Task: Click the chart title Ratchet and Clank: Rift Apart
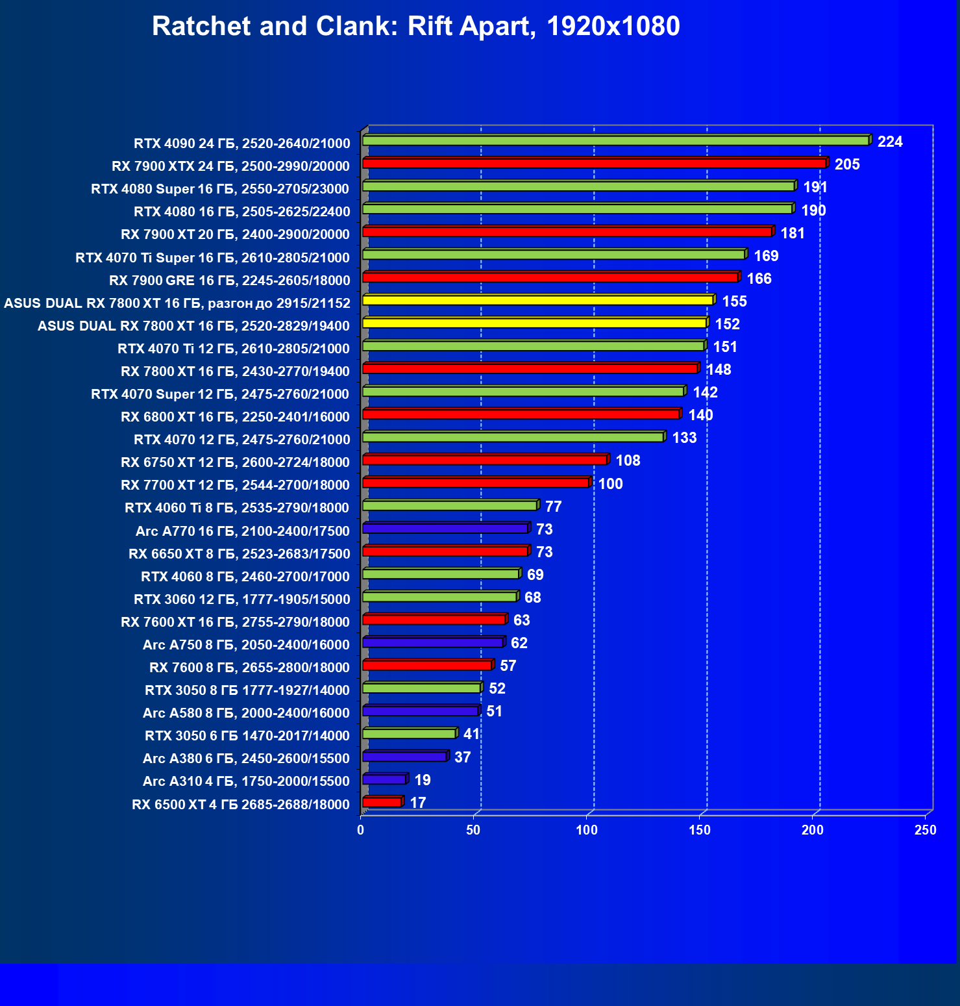(x=415, y=27)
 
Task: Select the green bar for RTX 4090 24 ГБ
(x=615, y=140)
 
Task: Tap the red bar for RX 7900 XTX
(x=594, y=163)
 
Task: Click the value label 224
(x=889, y=142)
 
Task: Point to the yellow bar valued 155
(x=537, y=300)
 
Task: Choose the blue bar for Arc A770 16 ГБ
(x=445, y=529)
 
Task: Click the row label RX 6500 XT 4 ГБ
(x=241, y=804)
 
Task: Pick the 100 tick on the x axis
(x=587, y=830)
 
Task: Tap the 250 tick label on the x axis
(x=925, y=830)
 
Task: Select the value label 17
(x=418, y=803)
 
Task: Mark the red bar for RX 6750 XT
(x=484, y=460)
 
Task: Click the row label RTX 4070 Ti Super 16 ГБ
(x=213, y=257)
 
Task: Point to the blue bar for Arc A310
(x=384, y=779)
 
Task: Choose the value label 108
(x=628, y=460)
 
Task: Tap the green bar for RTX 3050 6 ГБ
(x=409, y=733)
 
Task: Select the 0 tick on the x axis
(x=361, y=830)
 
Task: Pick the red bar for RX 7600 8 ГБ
(x=427, y=665)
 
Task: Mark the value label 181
(x=793, y=233)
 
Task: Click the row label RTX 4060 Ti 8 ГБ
(x=237, y=507)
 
